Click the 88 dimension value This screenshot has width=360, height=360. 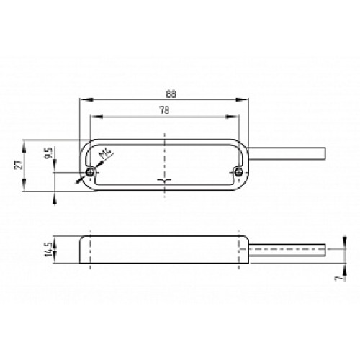click(170, 94)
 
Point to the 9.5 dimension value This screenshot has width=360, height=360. click(48, 153)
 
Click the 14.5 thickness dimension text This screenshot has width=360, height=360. click(48, 250)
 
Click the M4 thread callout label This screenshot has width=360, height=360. click(105, 154)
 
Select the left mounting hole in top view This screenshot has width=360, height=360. click(89, 173)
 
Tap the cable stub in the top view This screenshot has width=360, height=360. click(288, 153)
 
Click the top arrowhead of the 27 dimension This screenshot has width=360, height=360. click(27, 143)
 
